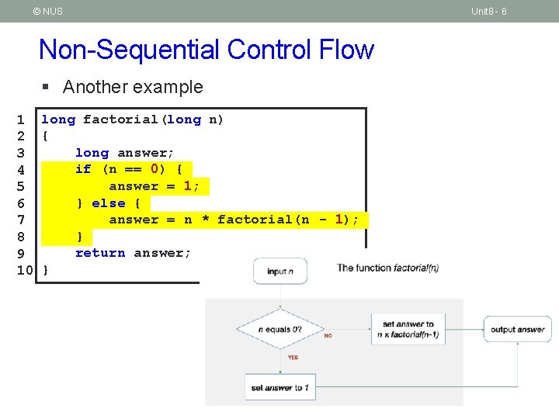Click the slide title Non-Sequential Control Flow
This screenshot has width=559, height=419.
click(x=207, y=50)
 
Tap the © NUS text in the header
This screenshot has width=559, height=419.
click(x=48, y=11)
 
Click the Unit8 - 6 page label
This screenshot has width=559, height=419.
click(x=489, y=11)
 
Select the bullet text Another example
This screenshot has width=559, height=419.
click(x=133, y=87)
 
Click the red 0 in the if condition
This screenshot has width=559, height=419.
click(x=155, y=169)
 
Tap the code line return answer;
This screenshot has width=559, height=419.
click(x=133, y=253)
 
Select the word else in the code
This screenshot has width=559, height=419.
click(x=109, y=203)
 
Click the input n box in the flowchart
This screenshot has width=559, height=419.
click(x=279, y=271)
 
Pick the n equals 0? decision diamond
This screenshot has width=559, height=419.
click(x=279, y=330)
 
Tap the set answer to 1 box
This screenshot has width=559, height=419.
click(x=279, y=386)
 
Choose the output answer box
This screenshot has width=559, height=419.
click(x=517, y=330)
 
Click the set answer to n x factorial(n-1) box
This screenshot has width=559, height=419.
click(x=409, y=330)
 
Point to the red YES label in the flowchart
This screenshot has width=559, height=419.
click(x=293, y=358)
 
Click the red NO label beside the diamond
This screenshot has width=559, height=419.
click(x=328, y=336)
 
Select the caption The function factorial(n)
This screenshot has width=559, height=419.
click(x=387, y=268)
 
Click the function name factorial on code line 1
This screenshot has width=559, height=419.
click(x=120, y=119)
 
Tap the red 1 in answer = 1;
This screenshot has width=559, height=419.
click(x=188, y=186)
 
